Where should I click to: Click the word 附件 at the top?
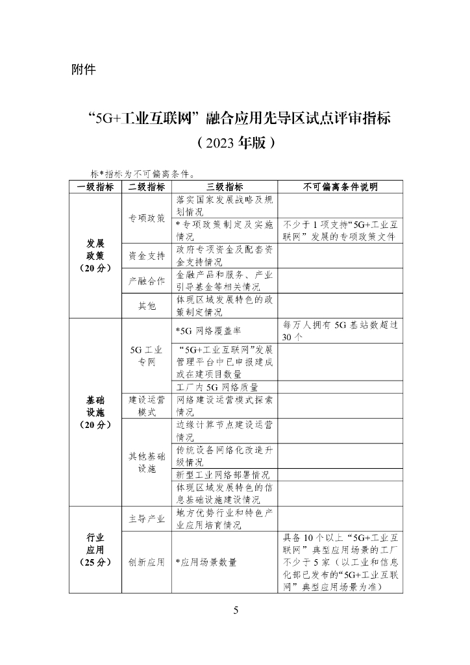[83, 69]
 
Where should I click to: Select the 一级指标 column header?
[95, 187]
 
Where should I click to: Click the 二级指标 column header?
[147, 187]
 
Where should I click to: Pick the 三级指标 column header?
[224, 187]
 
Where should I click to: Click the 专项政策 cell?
[147, 218]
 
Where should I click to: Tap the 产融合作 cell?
[147, 281]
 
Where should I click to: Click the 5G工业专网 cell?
[147, 356]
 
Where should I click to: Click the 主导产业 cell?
[147, 519]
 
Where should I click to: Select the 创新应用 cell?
[147, 562]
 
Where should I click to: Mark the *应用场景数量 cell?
[206, 562]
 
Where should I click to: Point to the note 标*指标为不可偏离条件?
[144, 174]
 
